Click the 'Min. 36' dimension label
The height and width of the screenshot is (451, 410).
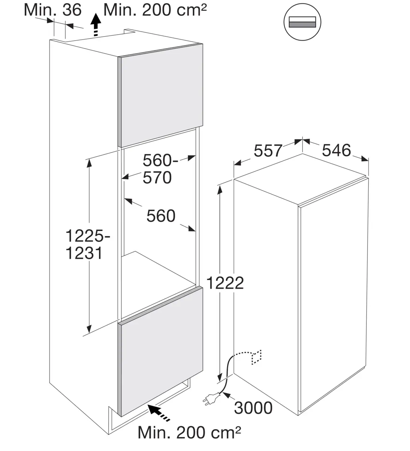click(53, 10)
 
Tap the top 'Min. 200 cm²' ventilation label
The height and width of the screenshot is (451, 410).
click(155, 10)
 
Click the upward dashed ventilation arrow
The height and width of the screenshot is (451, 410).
click(96, 25)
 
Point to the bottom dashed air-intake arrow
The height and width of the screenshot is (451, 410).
click(159, 412)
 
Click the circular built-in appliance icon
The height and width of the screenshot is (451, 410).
click(302, 22)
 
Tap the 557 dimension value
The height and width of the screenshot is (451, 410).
click(268, 150)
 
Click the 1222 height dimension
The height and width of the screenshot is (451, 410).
click(225, 283)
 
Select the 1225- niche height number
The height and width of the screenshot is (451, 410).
click(88, 236)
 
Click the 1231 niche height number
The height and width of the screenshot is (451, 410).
click(84, 253)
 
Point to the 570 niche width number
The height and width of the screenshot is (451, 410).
click(157, 178)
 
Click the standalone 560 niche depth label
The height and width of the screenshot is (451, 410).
click(161, 216)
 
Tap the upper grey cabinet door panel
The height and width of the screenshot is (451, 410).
click(160, 95)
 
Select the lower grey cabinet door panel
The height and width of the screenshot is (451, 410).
click(160, 351)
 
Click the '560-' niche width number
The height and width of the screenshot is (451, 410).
click(160, 160)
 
